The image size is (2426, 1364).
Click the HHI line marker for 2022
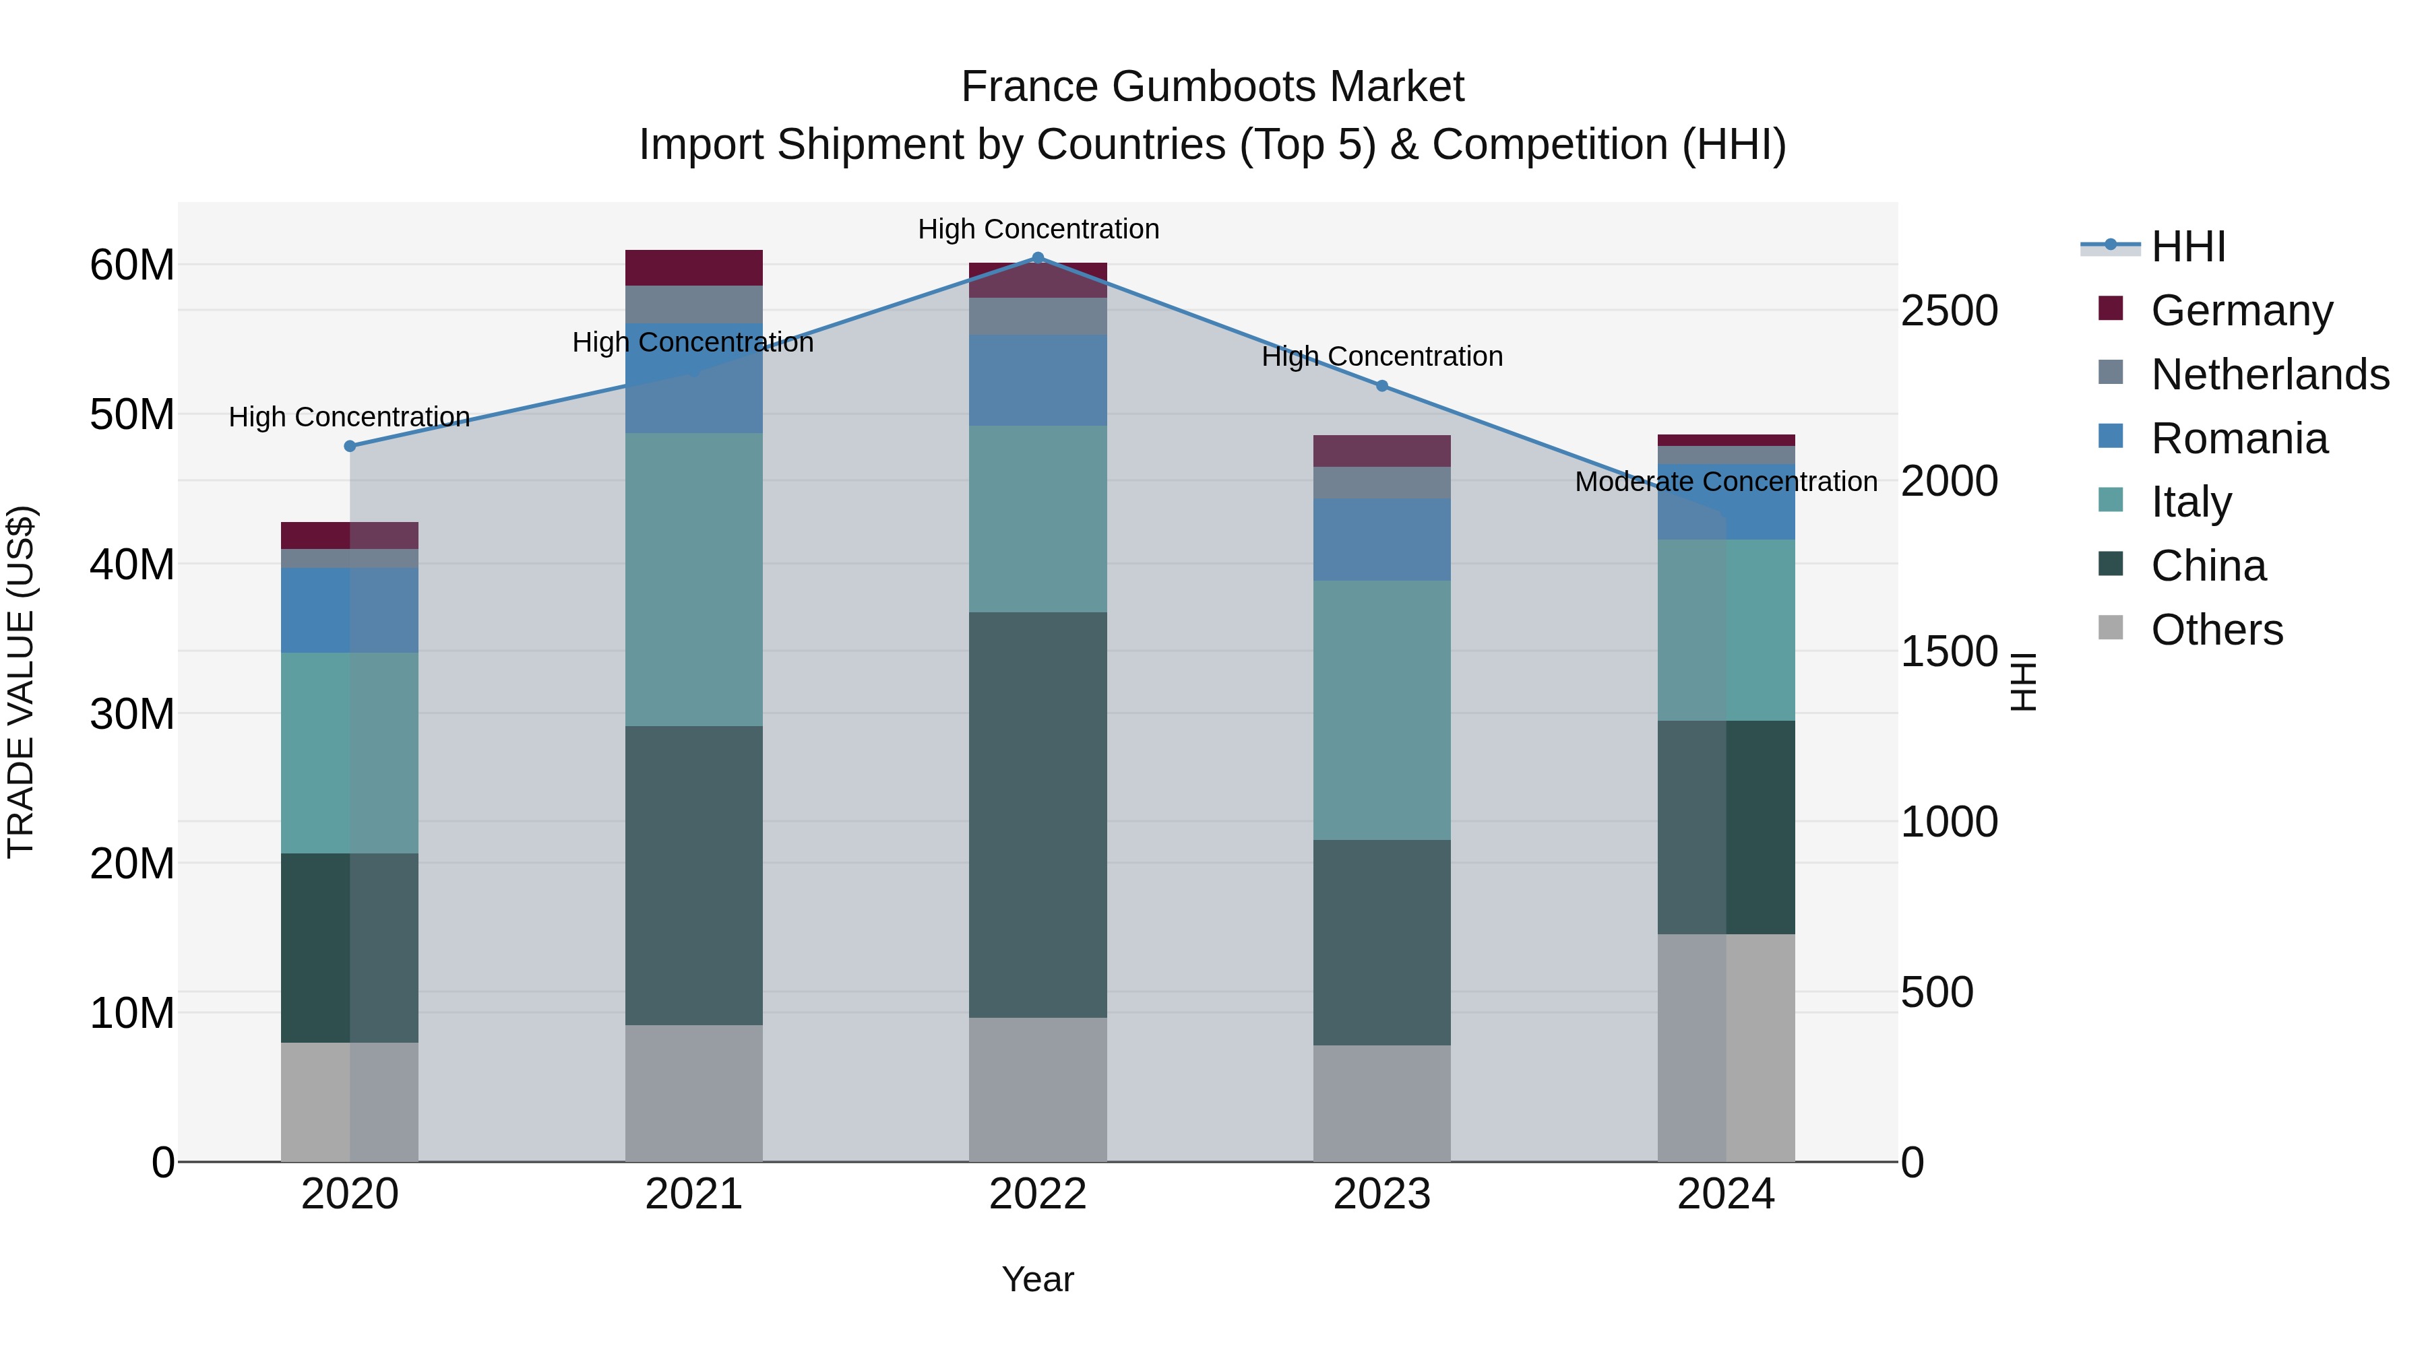(x=1038, y=258)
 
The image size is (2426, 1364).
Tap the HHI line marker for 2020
(x=349, y=446)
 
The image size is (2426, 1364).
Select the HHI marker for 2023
(x=1381, y=386)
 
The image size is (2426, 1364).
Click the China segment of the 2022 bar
(x=1038, y=814)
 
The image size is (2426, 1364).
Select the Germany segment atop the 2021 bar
(x=694, y=267)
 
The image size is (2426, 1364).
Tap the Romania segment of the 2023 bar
(x=1381, y=540)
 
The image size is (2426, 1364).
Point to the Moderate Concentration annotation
(x=1725, y=482)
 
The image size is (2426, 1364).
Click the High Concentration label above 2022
(x=1038, y=230)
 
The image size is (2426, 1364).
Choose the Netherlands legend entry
(x=2270, y=375)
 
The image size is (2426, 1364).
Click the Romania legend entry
(x=2239, y=439)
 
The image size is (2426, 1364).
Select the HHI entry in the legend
(x=2187, y=247)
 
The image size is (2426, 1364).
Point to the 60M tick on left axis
(x=132, y=265)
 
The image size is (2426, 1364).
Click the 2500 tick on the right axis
(x=1948, y=312)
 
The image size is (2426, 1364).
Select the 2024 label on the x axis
(x=1725, y=1194)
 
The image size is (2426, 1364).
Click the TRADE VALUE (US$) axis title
(x=21, y=682)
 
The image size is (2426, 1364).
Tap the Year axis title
(x=1038, y=1279)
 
